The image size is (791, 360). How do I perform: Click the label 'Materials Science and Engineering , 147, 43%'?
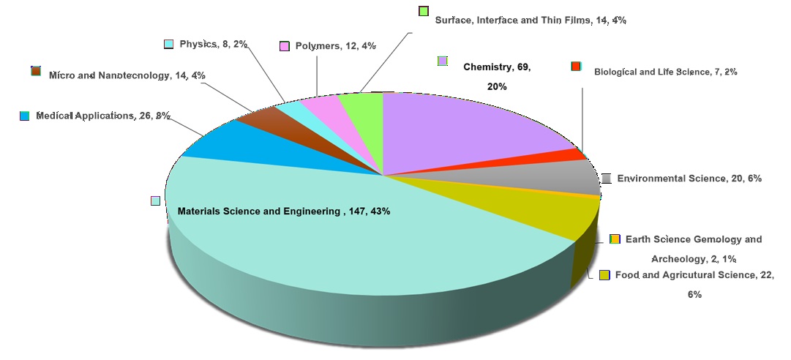[284, 211]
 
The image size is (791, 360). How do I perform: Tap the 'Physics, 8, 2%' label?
[214, 45]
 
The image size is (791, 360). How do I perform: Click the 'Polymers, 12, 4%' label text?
[335, 46]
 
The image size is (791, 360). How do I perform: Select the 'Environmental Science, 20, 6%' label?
[689, 179]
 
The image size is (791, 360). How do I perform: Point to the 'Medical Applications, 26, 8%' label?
[103, 116]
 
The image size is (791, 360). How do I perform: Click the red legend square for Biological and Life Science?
[576, 66]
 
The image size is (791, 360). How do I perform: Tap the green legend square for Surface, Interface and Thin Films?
[424, 11]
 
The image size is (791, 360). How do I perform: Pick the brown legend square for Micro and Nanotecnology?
[36, 71]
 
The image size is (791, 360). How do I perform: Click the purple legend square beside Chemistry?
[443, 61]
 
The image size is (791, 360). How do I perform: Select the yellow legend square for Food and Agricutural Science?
[604, 275]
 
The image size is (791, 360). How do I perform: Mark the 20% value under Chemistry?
[497, 87]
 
